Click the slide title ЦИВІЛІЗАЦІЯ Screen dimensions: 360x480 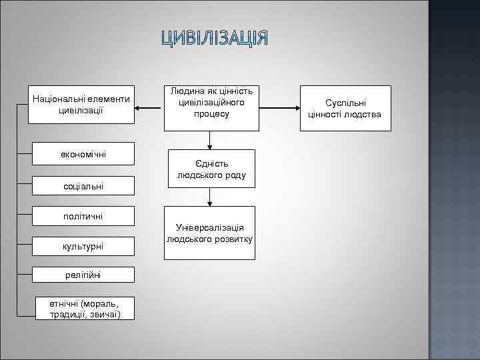tap(215, 39)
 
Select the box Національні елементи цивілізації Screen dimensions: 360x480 tap(81, 104)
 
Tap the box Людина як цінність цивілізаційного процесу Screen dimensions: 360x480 tap(211, 104)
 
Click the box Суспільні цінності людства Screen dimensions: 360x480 tap(345, 108)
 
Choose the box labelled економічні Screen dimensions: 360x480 tap(81, 155)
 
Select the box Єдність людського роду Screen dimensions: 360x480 tap(211, 169)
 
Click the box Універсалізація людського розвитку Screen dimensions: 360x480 tap(211, 233)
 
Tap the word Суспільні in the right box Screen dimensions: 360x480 tap(345, 103)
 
